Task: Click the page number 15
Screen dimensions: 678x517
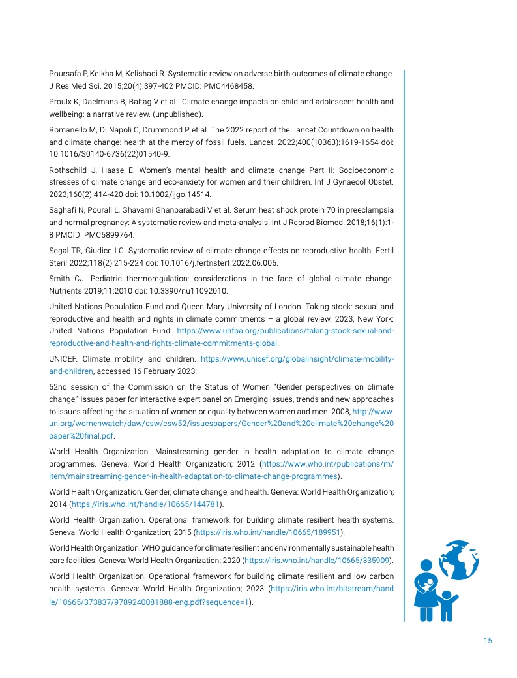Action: pyautogui.click(x=488, y=640)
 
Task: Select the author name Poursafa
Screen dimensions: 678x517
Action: pyautogui.click(x=65, y=74)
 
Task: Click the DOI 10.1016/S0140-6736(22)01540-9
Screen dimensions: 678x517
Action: pyautogui.click(x=109, y=154)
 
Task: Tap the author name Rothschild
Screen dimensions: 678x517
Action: pyautogui.click(x=69, y=170)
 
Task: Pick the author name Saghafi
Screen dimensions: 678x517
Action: pyautogui.click(x=63, y=210)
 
